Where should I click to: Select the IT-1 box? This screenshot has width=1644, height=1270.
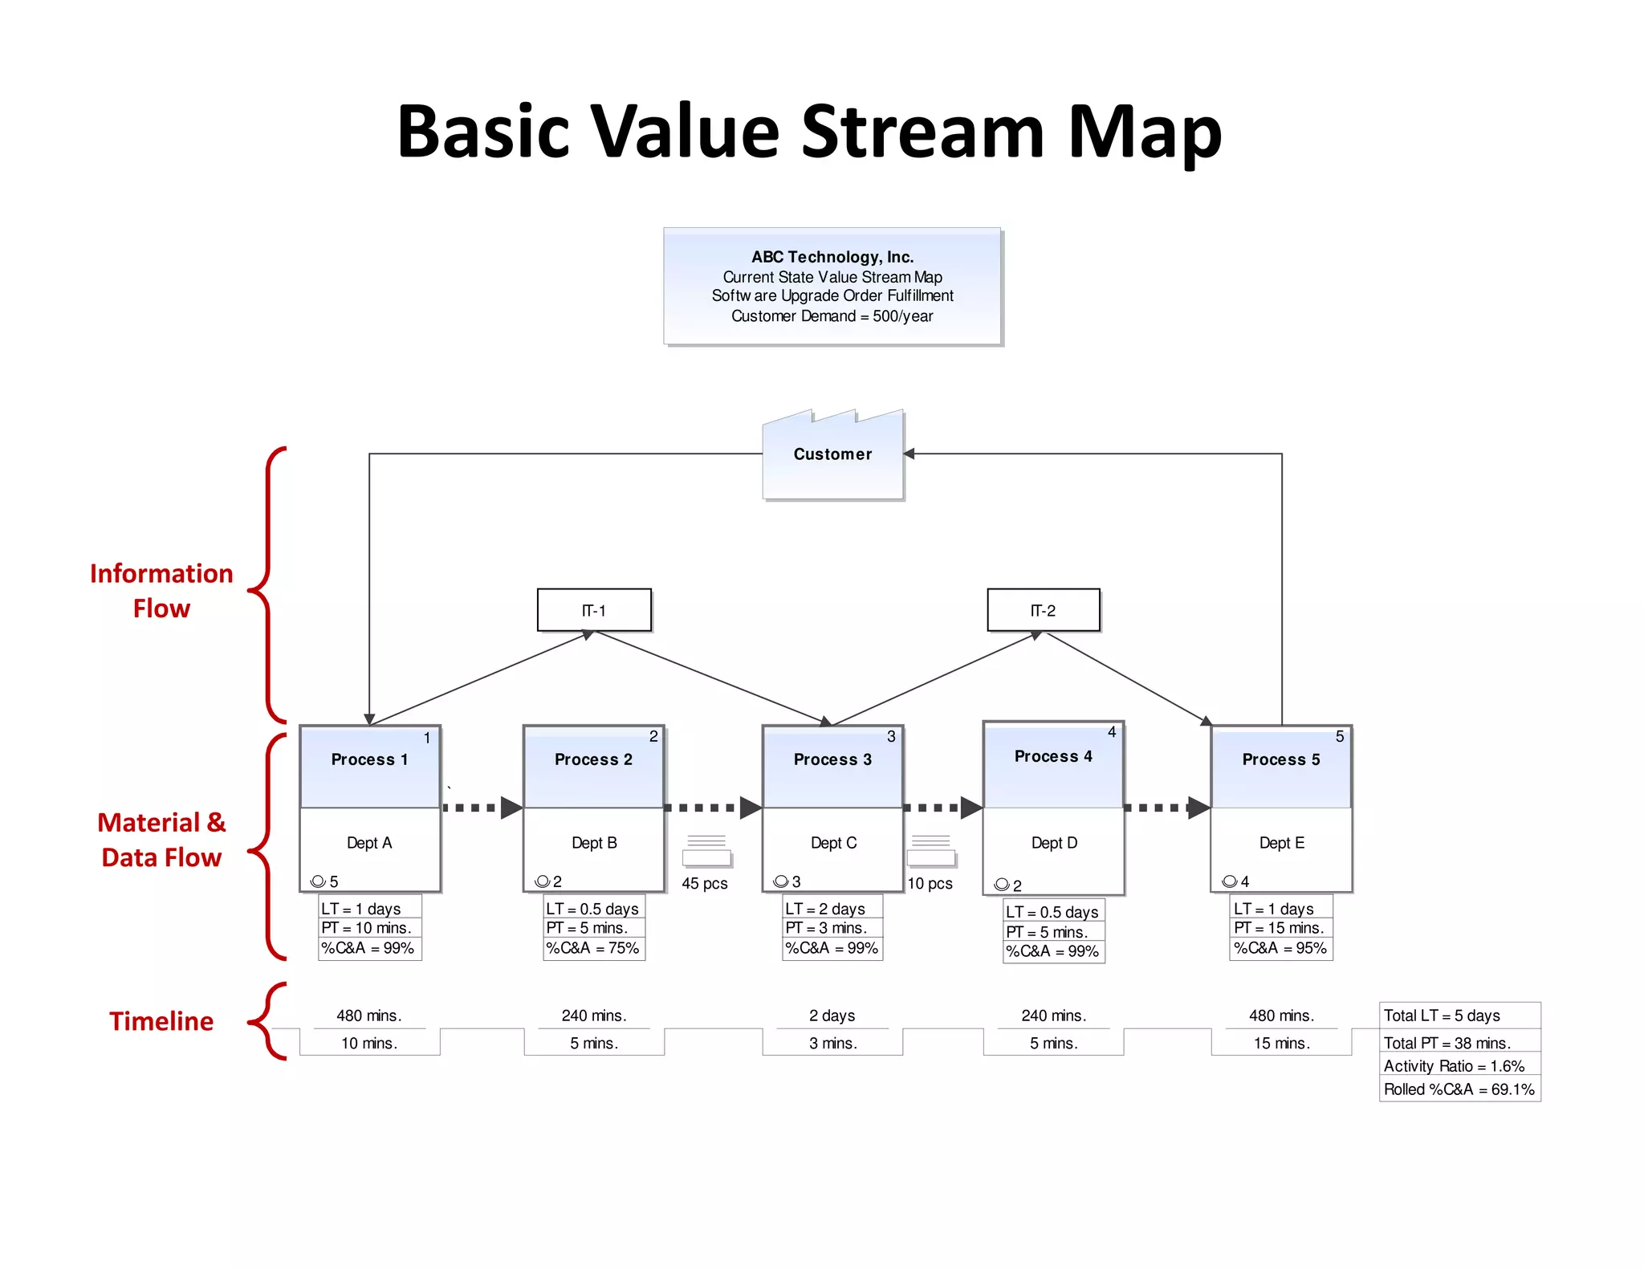coord(594,610)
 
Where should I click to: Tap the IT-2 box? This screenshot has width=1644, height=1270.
coord(1043,610)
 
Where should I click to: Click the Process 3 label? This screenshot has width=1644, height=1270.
coord(832,759)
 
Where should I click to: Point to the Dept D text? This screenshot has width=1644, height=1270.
coord(1054,843)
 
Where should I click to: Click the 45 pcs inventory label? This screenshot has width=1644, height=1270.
coord(705,884)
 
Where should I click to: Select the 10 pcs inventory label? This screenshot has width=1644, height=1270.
coord(930,884)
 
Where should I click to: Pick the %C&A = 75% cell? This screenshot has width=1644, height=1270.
coord(593,948)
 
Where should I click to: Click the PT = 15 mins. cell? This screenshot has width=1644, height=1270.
coord(1280,928)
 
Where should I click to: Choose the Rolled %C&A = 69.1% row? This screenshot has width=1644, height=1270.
coord(1459,1089)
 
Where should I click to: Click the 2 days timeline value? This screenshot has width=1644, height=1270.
coord(832,1016)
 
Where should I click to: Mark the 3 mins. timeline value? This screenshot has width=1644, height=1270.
coord(832,1043)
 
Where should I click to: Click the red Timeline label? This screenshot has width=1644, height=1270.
coord(161,1021)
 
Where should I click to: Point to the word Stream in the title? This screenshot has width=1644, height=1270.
coord(922,131)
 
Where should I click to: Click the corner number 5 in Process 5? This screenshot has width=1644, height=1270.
coord(1339,736)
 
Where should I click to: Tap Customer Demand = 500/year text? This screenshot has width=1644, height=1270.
coord(832,316)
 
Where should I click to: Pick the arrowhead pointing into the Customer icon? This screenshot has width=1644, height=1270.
coord(909,454)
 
